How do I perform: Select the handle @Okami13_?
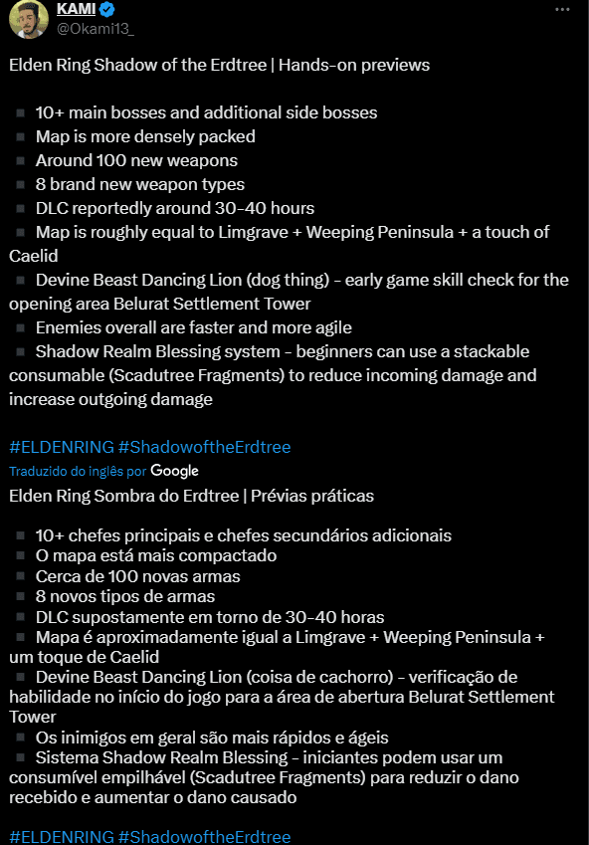pos(96,28)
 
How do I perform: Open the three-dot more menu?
pos(563,9)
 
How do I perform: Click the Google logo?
pos(175,471)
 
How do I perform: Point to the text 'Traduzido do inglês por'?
pos(78,471)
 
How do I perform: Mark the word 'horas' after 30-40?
pos(361,616)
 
